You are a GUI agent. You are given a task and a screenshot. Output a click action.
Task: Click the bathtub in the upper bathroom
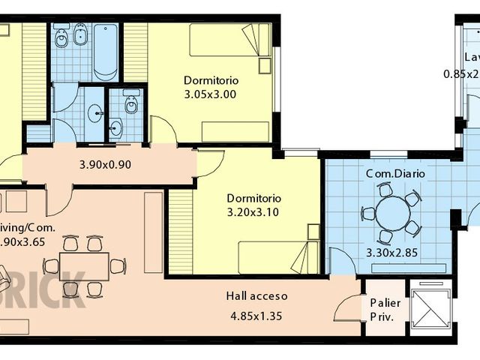click(x=106, y=51)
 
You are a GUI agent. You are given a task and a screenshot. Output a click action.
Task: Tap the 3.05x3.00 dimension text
click(x=210, y=94)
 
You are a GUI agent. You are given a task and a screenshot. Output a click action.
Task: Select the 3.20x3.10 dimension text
click(x=253, y=212)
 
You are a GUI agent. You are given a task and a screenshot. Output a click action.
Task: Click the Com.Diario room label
click(x=395, y=173)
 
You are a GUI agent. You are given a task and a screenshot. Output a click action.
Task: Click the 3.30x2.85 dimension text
click(x=391, y=252)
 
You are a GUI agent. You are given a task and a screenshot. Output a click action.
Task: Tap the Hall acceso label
click(x=257, y=296)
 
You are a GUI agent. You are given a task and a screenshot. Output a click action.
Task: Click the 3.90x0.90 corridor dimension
click(x=105, y=164)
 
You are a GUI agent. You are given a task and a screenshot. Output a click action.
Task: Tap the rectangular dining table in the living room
click(x=84, y=265)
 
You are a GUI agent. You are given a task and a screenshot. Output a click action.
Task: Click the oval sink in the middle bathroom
click(x=96, y=113)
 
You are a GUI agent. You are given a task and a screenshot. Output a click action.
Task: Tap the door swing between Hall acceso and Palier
click(x=348, y=307)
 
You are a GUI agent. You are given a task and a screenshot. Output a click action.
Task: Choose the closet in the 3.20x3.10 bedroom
click(x=180, y=231)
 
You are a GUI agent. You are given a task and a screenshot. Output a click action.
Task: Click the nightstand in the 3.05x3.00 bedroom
click(x=264, y=66)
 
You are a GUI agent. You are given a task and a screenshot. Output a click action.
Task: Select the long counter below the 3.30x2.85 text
click(x=391, y=268)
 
